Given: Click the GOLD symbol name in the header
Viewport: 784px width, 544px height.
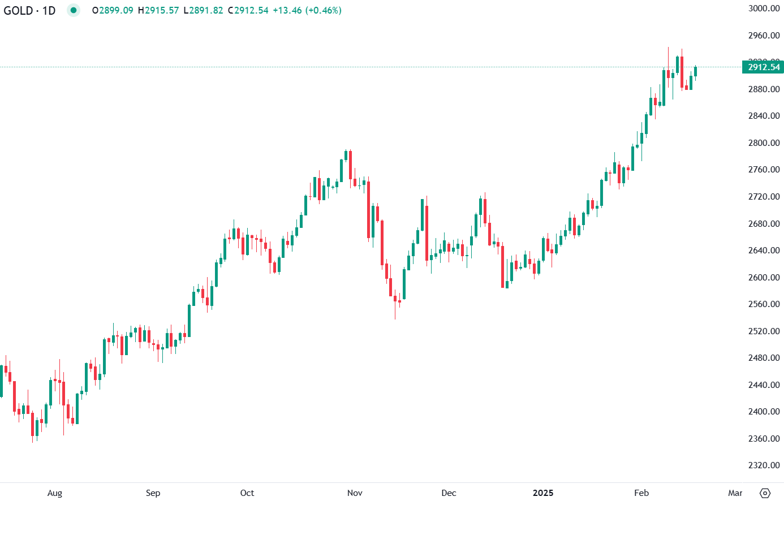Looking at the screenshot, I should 18,11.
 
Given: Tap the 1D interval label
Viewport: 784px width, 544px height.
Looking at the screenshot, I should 49,11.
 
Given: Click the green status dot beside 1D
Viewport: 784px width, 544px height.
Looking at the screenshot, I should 74,10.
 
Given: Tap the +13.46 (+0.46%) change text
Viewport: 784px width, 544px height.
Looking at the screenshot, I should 307,11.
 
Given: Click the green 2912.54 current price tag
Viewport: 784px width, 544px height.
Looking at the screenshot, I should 763,67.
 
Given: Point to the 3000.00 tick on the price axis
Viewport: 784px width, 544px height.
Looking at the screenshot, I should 764,8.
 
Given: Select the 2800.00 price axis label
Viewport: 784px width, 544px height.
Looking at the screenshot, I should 764,143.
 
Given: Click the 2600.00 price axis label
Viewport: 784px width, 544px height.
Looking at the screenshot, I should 764,278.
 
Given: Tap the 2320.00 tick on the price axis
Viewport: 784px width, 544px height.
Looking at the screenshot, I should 764,465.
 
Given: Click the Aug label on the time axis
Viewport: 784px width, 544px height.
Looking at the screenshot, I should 55,493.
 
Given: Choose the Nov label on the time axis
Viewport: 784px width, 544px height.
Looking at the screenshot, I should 355,493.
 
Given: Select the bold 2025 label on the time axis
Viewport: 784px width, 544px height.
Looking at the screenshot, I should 543,493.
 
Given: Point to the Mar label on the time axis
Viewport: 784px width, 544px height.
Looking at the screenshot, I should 735,493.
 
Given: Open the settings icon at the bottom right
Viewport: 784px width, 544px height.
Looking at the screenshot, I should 765,493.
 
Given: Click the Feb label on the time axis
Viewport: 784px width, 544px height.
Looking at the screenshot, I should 641,493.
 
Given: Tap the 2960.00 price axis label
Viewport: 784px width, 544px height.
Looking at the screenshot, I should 764,36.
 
